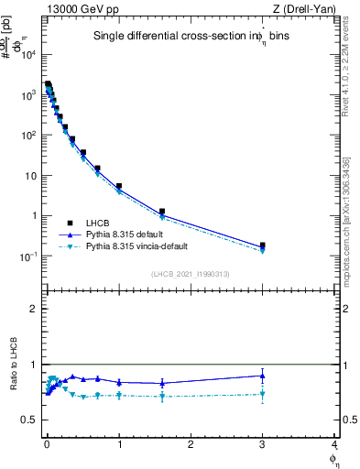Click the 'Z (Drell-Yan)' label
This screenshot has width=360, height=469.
[x=305, y=9]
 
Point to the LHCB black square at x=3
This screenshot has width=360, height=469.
[x=263, y=245]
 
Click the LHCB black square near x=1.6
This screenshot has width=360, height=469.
[x=162, y=212]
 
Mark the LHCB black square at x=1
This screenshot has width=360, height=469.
[x=119, y=186]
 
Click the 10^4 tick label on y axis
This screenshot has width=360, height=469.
[x=29, y=54]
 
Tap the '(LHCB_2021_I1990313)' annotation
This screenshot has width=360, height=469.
[x=191, y=275]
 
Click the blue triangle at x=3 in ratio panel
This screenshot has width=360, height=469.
[x=263, y=375]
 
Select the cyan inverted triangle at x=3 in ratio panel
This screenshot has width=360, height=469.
[x=263, y=394]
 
